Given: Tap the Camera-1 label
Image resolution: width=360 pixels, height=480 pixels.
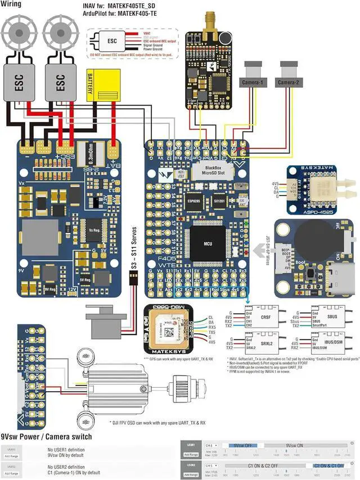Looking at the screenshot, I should tap(253, 83).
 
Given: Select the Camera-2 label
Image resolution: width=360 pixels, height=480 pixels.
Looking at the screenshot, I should tap(292, 83).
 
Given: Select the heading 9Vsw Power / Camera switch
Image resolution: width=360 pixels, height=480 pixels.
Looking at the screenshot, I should tap(46, 437).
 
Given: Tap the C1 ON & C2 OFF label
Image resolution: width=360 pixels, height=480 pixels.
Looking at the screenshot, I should tap(263, 466).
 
